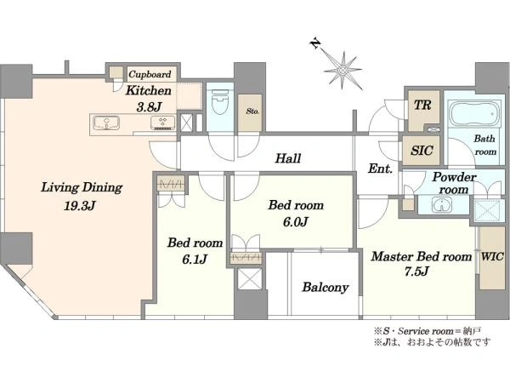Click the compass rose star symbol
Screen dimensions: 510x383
[x=343, y=71]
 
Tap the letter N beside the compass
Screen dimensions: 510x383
[x=315, y=43]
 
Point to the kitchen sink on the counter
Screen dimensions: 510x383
[x=106, y=123]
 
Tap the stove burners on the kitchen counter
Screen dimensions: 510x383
[x=162, y=123]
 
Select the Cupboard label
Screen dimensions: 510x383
[x=150, y=74]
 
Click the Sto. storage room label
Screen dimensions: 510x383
[x=252, y=111]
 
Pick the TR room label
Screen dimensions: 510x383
[x=422, y=105]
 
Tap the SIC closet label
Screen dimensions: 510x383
[x=422, y=151]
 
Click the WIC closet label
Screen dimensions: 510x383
[x=492, y=256]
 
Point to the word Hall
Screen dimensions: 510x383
[x=288, y=158]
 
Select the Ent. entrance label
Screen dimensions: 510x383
[x=380, y=169]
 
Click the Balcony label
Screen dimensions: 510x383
[x=326, y=288]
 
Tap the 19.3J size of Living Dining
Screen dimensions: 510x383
[x=79, y=206]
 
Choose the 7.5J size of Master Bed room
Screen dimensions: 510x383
[x=417, y=271]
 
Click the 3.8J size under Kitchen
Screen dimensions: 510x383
[x=149, y=107]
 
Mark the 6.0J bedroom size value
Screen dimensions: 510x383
[x=295, y=222]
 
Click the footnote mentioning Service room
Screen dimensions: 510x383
[x=428, y=332]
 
